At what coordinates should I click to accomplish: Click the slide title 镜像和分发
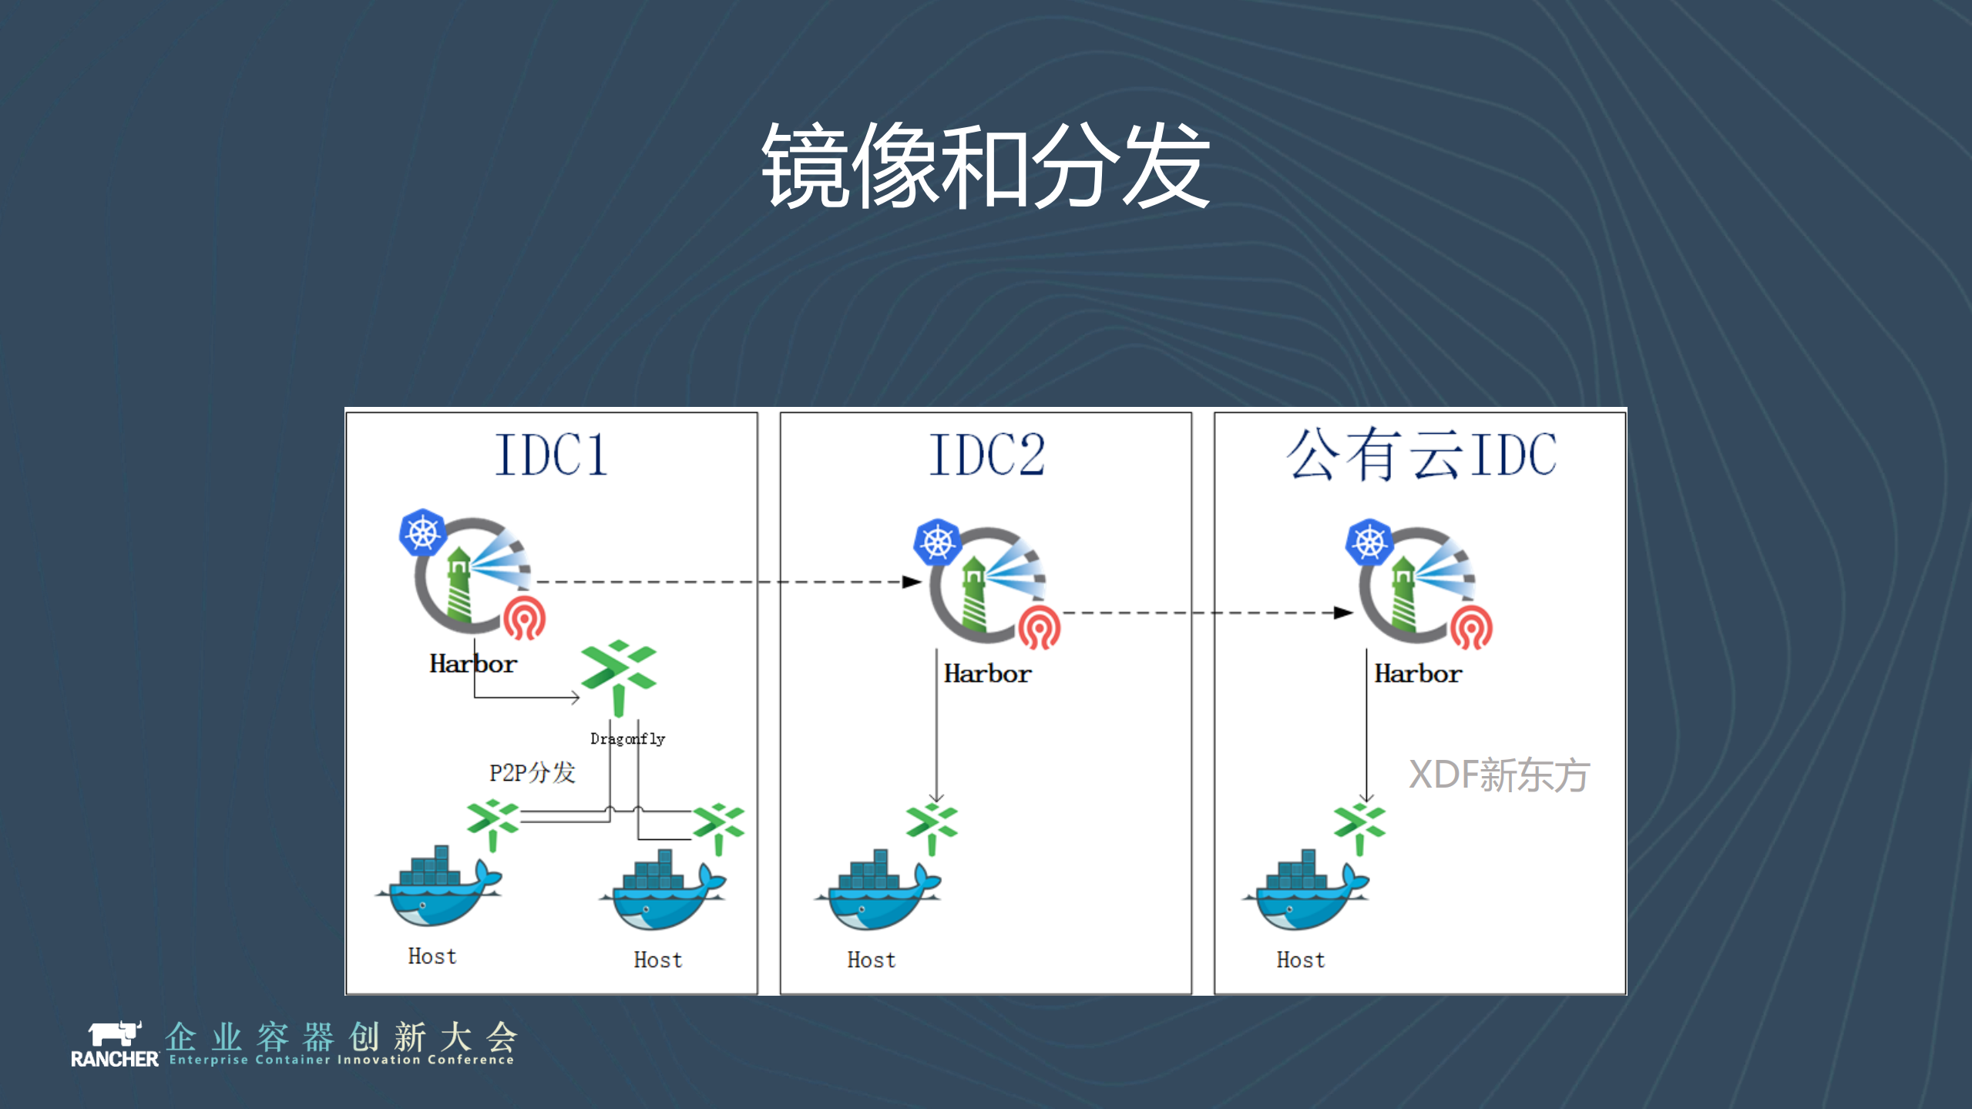[985, 166]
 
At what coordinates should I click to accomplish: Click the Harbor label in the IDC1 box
[473, 664]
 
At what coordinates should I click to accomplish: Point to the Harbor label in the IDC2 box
[987, 674]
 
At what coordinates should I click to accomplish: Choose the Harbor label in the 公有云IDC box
[1418, 674]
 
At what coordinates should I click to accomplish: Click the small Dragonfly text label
[627, 738]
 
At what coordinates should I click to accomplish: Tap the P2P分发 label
[532, 772]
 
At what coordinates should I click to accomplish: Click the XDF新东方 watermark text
[1499, 775]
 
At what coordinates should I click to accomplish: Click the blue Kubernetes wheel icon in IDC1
[422, 532]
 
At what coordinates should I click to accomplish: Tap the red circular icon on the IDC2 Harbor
[1039, 627]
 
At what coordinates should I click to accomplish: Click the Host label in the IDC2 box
[872, 959]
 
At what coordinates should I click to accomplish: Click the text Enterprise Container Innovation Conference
[341, 1060]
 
